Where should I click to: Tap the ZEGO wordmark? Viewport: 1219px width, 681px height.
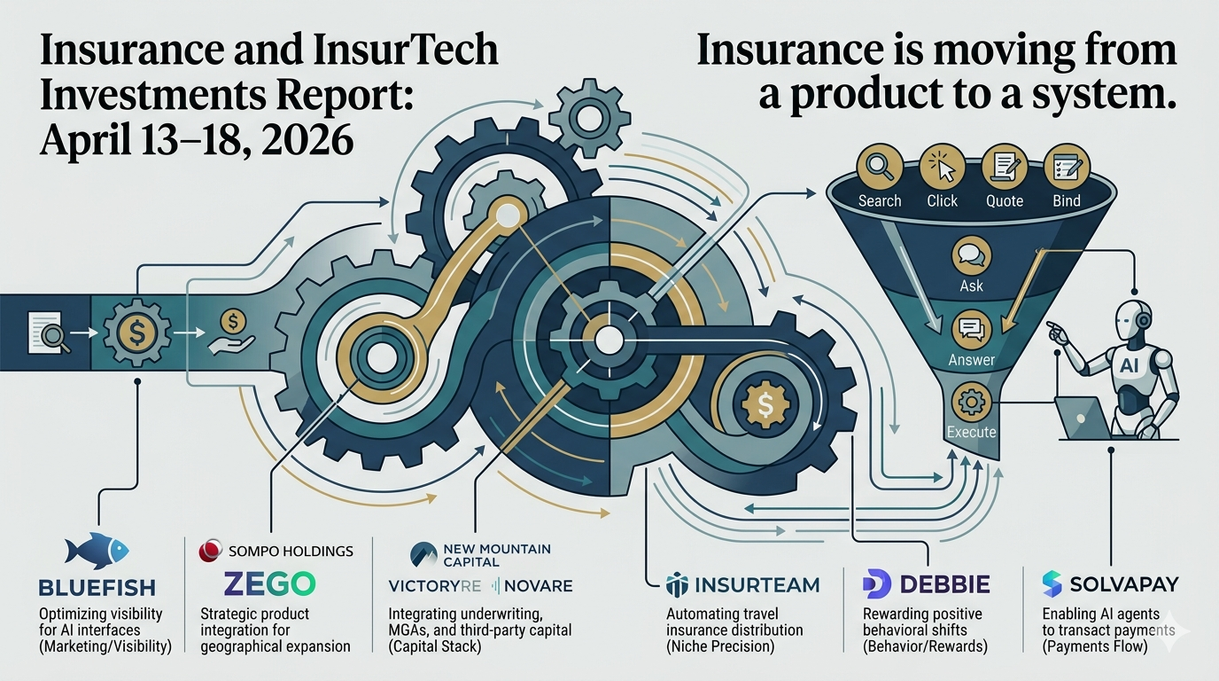(268, 583)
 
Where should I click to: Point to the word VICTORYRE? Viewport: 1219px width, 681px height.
(432, 585)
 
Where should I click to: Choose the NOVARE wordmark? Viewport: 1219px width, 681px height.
(538, 585)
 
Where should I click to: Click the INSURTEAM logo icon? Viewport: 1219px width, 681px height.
(677, 584)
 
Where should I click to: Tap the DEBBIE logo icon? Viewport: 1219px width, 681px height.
(876, 584)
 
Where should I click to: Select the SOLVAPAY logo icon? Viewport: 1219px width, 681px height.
(1052, 583)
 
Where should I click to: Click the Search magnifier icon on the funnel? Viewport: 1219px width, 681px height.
(880, 167)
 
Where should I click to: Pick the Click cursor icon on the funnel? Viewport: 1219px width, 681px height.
(942, 167)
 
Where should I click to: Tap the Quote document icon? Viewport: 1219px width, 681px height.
(1005, 167)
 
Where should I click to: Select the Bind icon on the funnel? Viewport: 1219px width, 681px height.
(1066, 167)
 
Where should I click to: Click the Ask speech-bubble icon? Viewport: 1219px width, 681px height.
(972, 255)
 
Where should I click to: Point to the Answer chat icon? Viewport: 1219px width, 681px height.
(972, 330)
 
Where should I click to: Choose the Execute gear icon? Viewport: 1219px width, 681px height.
(972, 402)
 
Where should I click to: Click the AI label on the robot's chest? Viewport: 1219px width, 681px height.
(1129, 364)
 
